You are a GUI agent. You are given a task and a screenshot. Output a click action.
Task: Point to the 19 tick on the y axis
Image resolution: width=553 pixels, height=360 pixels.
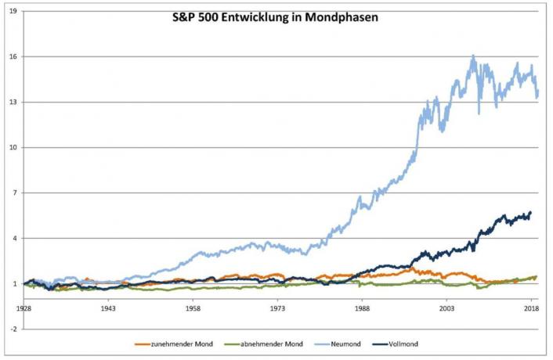click(12, 12)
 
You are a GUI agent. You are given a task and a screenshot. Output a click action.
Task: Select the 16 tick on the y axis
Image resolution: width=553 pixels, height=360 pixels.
click(12, 57)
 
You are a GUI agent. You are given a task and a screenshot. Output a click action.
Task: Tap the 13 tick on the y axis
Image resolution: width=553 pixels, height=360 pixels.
click(12, 103)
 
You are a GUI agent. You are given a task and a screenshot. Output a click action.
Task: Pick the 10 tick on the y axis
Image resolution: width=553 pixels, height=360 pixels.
click(12, 148)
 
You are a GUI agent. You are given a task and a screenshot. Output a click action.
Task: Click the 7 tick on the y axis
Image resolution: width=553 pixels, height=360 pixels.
click(13, 193)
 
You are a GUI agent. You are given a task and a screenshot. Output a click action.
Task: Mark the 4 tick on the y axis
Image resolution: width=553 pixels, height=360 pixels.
click(13, 239)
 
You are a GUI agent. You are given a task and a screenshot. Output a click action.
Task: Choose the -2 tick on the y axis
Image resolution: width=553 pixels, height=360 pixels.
click(13, 329)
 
